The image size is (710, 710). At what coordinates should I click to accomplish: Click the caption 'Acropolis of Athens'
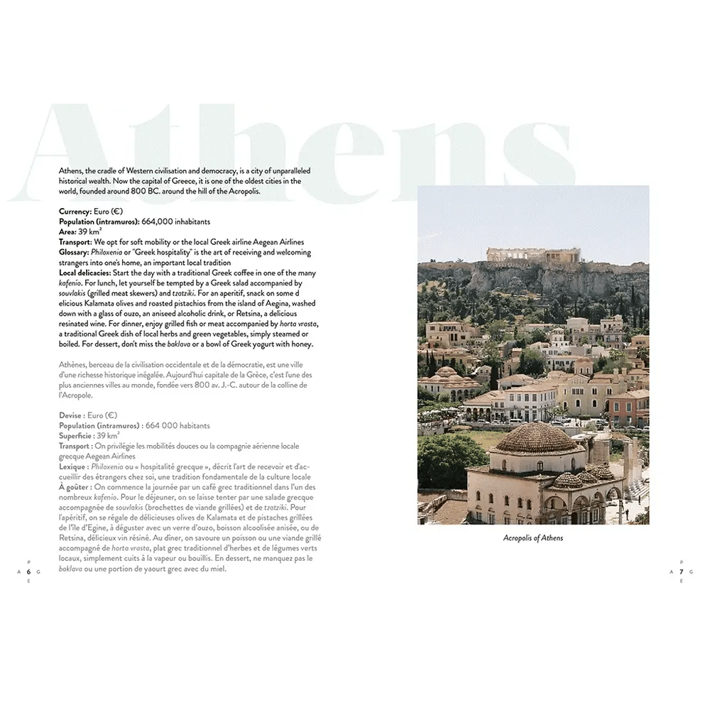[532, 538]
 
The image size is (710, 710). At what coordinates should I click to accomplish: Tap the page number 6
[29, 572]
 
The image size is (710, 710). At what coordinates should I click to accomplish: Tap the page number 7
[681, 572]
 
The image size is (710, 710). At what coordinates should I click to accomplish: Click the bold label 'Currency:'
[75, 212]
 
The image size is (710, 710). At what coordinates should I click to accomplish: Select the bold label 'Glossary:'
[75, 252]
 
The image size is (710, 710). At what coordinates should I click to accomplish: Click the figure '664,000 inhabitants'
[176, 222]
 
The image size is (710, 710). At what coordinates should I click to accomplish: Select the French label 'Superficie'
[76, 436]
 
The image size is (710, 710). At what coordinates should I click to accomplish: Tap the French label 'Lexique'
[72, 466]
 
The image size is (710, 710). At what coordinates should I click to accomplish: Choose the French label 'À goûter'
[75, 487]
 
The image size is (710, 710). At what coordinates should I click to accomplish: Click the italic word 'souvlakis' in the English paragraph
[73, 293]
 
